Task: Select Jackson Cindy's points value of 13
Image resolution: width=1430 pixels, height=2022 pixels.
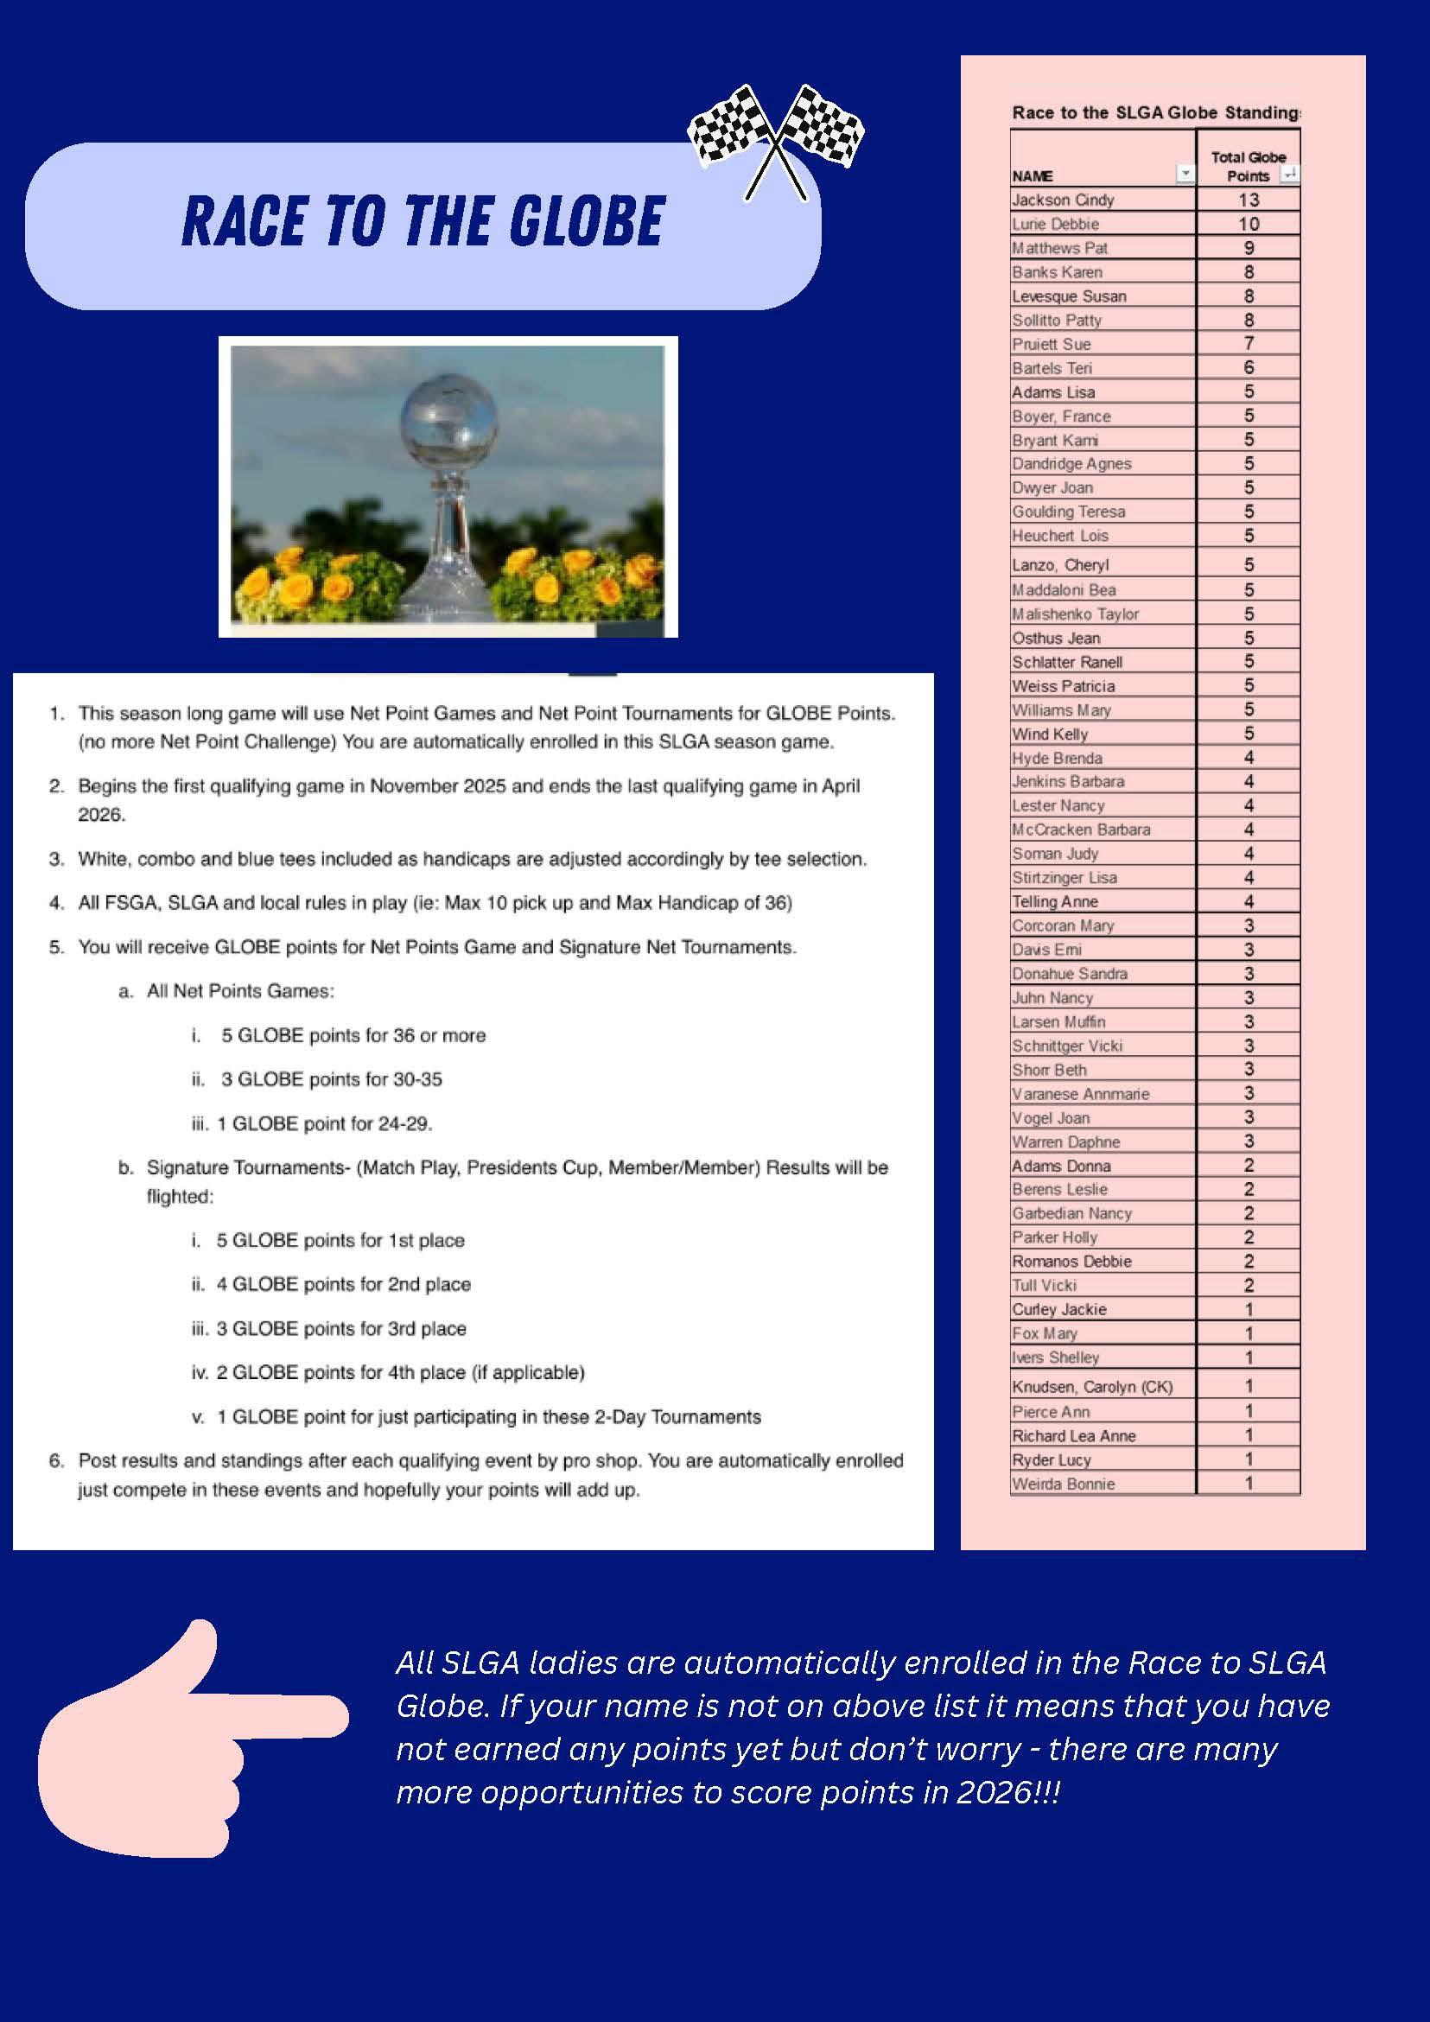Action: pos(1248,200)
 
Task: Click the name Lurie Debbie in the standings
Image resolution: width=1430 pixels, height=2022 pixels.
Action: pos(1055,225)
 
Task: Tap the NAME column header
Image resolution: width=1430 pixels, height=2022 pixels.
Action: pos(1032,176)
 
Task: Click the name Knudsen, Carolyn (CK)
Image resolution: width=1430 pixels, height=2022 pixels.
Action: pos(1092,1387)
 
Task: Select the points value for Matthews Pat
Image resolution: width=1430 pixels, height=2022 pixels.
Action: pos(1248,248)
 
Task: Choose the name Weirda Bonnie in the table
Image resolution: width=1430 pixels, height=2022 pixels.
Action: pos(1063,1484)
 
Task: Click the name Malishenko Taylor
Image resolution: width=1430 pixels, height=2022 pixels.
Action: pos(1075,614)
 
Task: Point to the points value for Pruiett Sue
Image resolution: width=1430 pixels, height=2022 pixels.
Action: pos(1248,343)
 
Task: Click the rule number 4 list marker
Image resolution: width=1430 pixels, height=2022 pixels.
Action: pos(56,903)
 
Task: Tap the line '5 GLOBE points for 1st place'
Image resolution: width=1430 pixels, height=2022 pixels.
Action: pos(340,1241)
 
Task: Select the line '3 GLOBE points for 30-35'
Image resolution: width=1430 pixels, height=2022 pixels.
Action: pos(331,1079)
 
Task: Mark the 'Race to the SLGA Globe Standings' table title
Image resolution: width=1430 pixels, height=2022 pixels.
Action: pos(1155,112)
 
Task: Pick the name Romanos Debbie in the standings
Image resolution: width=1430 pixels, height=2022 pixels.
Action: pos(1071,1261)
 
